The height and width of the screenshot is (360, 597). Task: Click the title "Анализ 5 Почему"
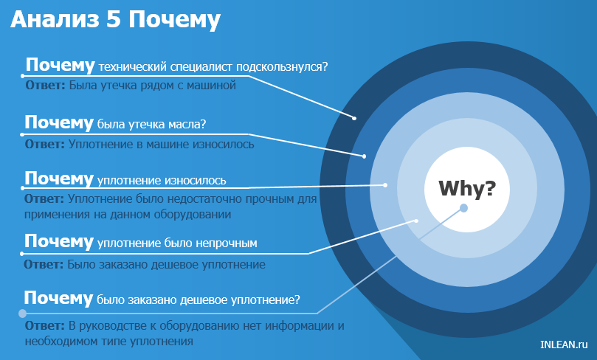(115, 20)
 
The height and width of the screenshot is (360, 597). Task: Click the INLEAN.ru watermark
(563, 344)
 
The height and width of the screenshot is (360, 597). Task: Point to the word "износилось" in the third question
(196, 180)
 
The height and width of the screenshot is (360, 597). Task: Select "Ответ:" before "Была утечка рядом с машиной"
(45, 86)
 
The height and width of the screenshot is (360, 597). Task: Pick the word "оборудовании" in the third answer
(195, 215)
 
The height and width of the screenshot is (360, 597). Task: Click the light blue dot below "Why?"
(463, 208)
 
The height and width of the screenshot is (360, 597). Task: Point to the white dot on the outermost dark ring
(354, 117)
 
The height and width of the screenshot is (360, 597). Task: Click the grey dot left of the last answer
(23, 313)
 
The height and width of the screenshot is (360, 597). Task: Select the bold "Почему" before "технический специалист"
(60, 64)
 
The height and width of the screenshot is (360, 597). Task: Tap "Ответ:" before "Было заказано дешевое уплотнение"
(44, 263)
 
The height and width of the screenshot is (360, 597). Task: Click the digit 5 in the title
(114, 20)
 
